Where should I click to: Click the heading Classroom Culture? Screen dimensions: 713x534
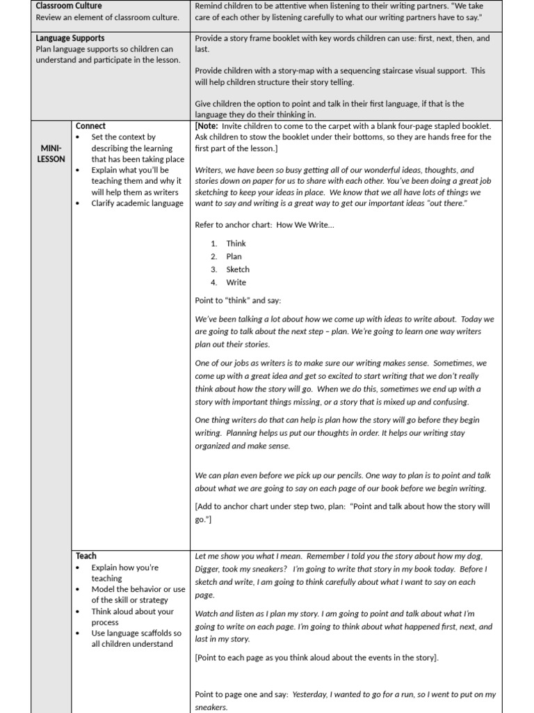[x=69, y=6]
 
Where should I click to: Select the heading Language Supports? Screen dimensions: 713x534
[x=70, y=38]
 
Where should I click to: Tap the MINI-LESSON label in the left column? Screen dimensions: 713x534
[x=51, y=154]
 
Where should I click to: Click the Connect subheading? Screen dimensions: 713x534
[x=90, y=126]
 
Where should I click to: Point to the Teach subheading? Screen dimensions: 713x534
[x=86, y=556]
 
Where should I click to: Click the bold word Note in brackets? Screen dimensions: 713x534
[x=209, y=126]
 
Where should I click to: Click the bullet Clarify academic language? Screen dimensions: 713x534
[x=137, y=203]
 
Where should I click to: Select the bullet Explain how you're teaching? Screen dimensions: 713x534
[x=125, y=573]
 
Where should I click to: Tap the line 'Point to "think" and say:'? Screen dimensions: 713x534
[x=238, y=300]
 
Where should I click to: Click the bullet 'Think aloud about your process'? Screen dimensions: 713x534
[x=132, y=616]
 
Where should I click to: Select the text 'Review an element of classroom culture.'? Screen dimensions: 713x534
[x=107, y=17]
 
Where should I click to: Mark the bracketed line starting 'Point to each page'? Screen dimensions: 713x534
[x=316, y=657]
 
